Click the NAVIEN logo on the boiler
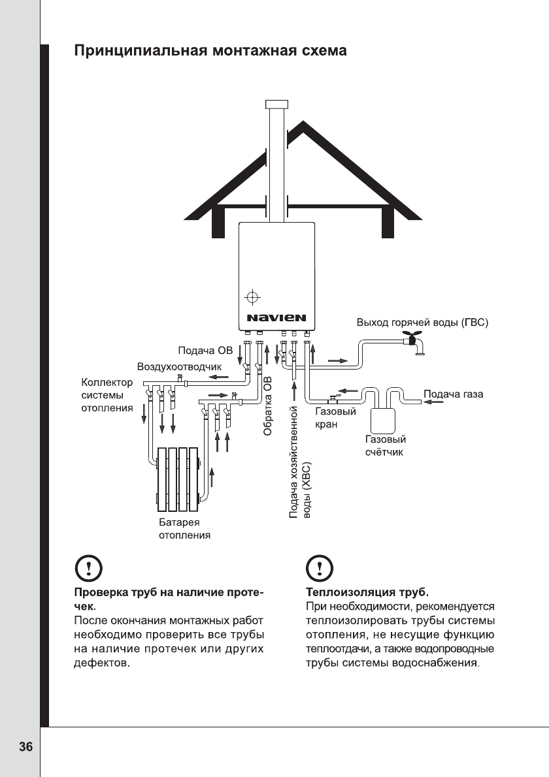[x=276, y=319]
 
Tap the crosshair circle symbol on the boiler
[x=252, y=298]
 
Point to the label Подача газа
[x=454, y=394]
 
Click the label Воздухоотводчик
[x=179, y=367]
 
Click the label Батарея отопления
[x=186, y=530]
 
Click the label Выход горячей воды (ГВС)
[x=422, y=323]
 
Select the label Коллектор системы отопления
[x=107, y=394]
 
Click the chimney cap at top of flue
[x=276, y=104]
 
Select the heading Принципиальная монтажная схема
[x=209, y=50]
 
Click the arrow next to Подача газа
[x=432, y=402]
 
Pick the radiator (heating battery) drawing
[x=178, y=479]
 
